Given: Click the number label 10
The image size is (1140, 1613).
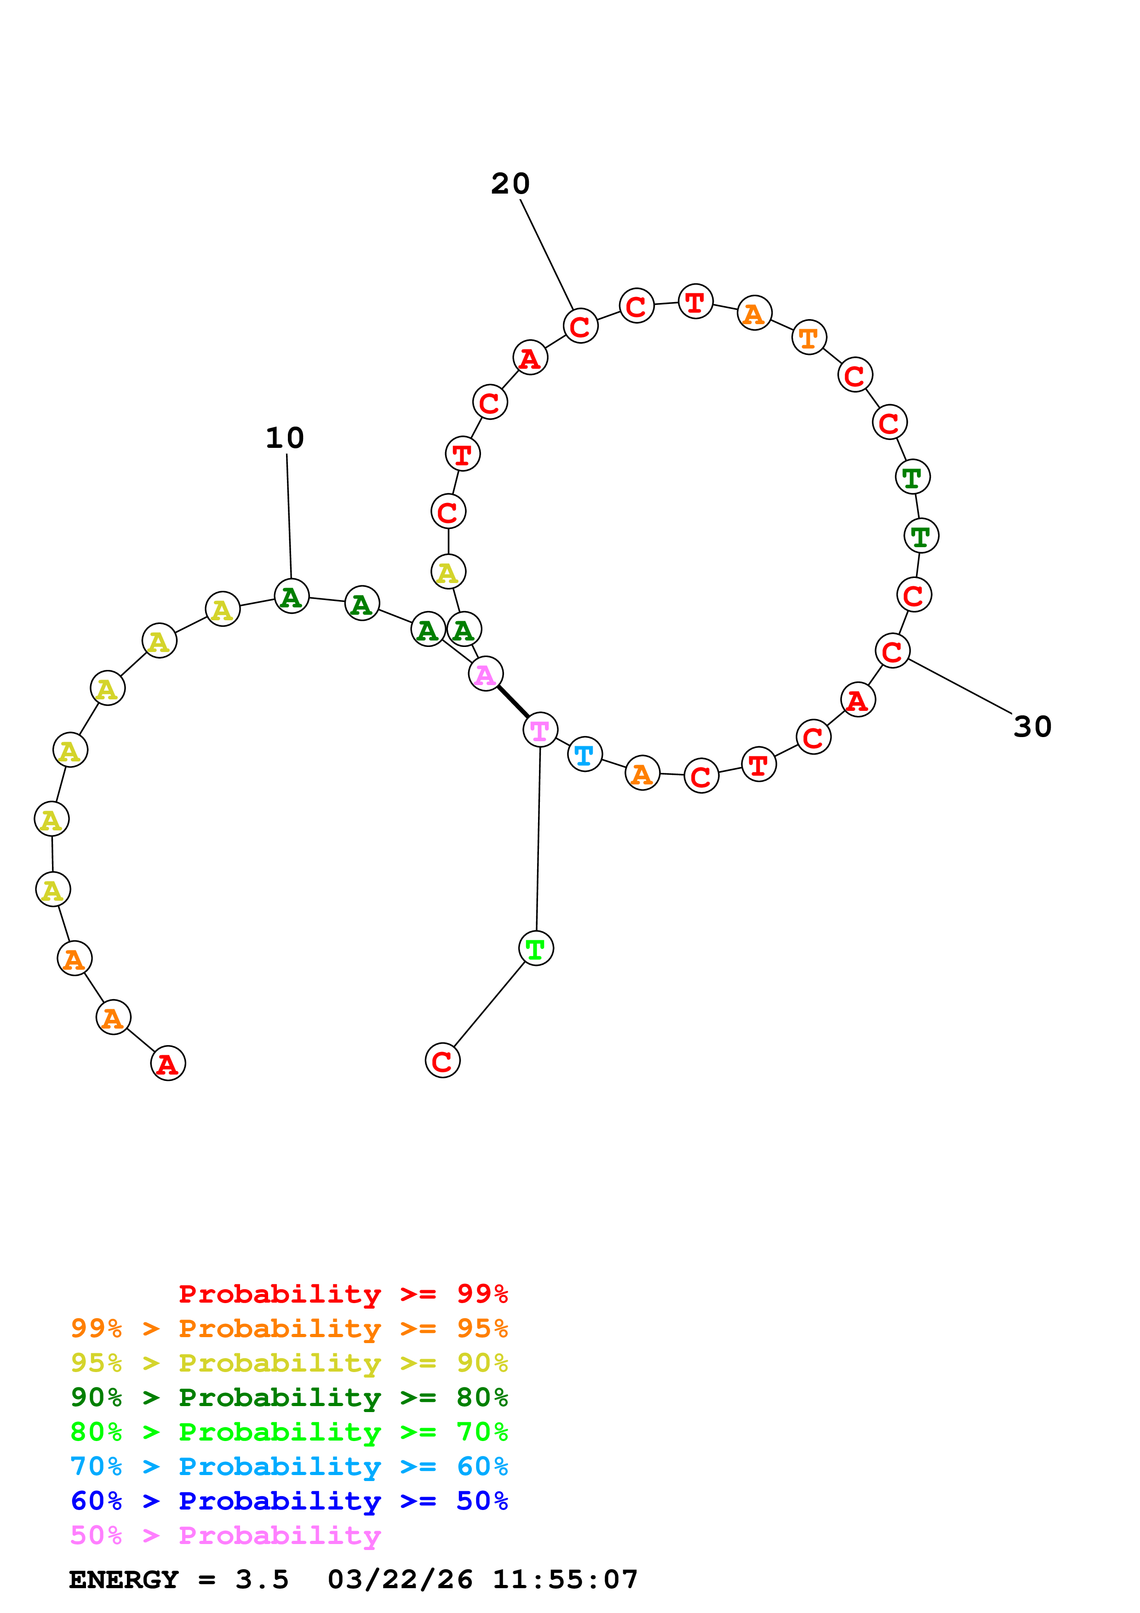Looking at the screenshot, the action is coord(285,438).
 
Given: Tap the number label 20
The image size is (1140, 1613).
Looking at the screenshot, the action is coord(510,184).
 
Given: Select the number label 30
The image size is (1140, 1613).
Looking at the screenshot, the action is coord(1032,727).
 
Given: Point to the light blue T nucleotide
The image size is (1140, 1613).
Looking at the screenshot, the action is coord(584,755).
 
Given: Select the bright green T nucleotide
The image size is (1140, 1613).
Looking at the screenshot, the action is coord(536,949).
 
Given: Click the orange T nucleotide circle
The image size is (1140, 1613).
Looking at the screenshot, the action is coord(809,338).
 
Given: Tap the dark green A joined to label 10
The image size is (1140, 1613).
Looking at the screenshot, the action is coord(292,596).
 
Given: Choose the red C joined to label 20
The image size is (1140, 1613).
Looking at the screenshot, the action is coord(580,326).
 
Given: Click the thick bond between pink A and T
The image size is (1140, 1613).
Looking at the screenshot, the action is coord(513,702).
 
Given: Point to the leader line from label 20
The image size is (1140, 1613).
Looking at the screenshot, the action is coord(546,254).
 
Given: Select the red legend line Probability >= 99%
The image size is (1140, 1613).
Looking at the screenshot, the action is coord(343,1294).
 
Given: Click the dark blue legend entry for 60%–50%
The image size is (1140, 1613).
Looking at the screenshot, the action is coord(289,1501).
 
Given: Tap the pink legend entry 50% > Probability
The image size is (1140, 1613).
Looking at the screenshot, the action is coord(225,1536).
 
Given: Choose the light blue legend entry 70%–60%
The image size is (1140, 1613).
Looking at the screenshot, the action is coord(289,1467).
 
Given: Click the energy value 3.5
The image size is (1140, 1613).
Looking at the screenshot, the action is coord(262,1580).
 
